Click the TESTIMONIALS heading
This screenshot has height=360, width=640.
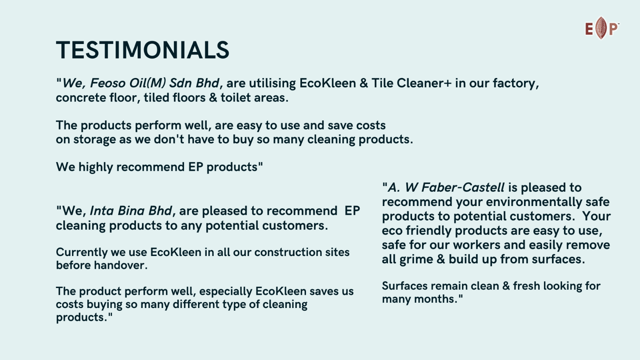click(142, 50)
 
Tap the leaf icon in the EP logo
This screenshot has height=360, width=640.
click(601, 28)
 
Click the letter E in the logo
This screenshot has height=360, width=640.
click(589, 29)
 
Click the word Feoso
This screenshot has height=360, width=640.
click(108, 83)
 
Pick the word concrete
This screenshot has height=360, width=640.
click(81, 98)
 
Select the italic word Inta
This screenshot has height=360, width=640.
click(102, 211)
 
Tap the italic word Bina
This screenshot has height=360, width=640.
click(130, 211)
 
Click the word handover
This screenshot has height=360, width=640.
click(120, 266)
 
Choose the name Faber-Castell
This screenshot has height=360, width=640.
click(463, 188)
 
